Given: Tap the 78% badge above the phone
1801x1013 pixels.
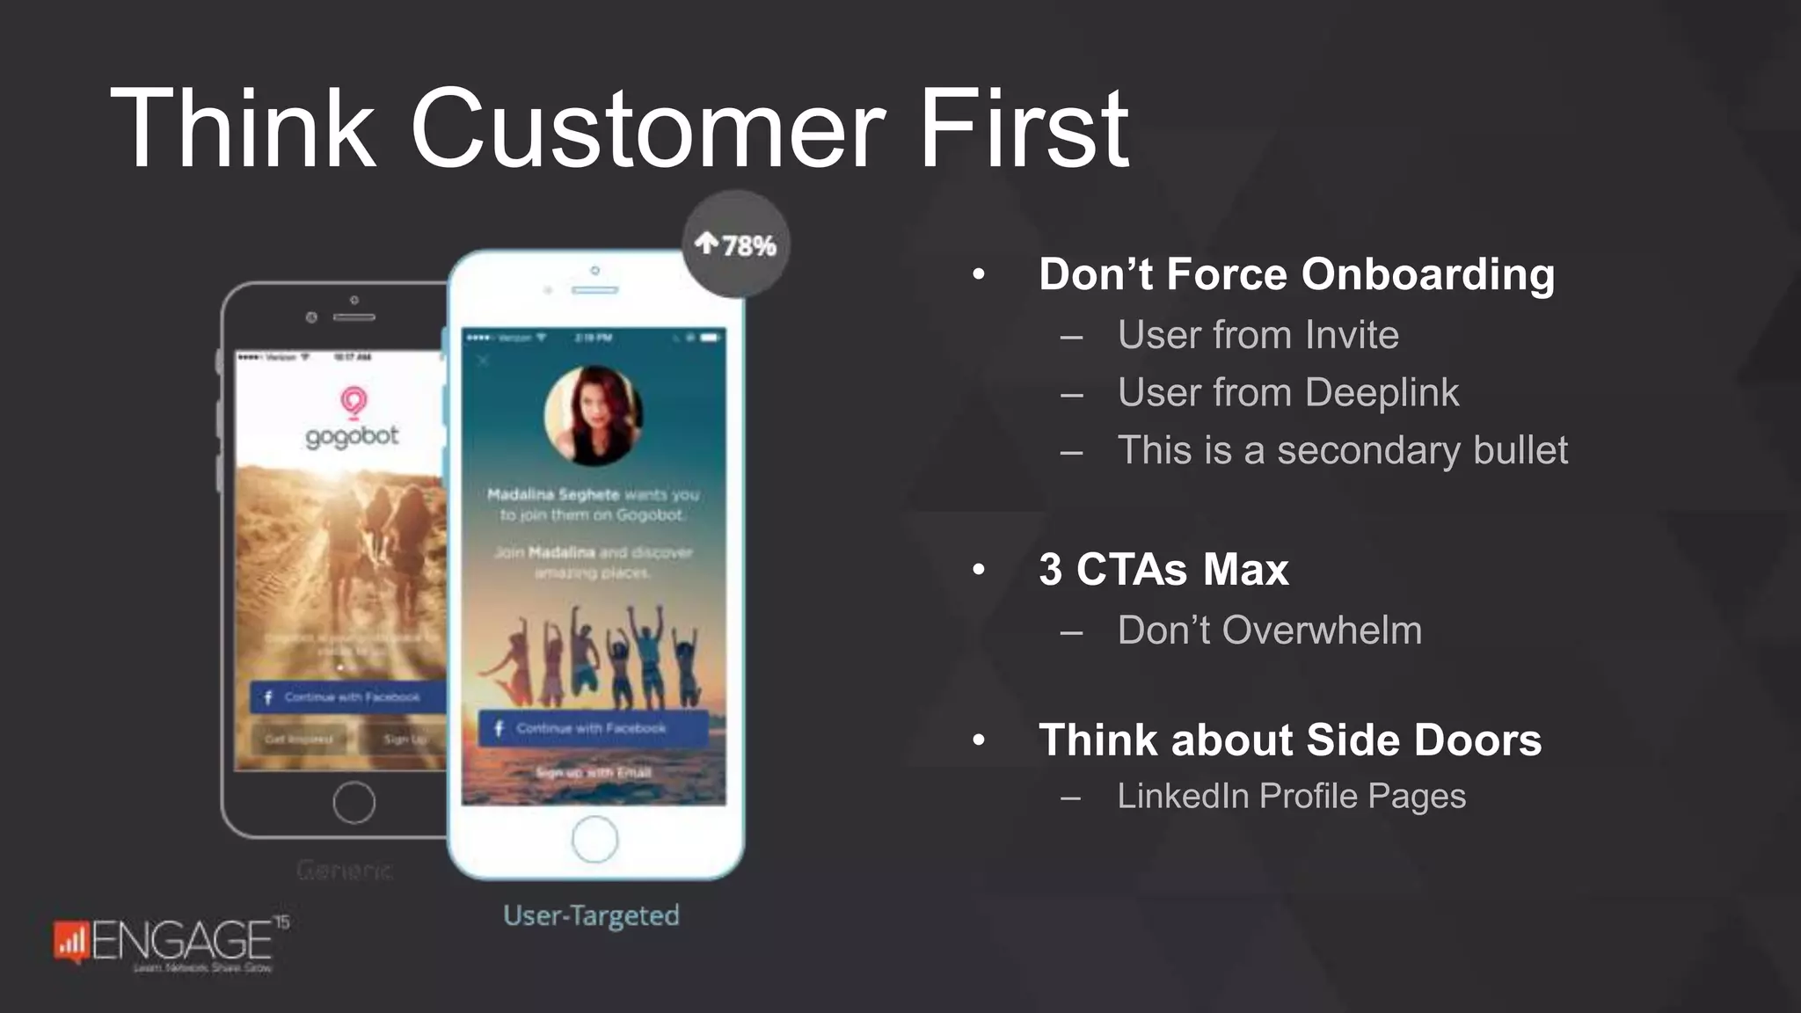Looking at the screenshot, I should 735,244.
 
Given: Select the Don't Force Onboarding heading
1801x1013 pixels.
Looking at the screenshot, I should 1295,273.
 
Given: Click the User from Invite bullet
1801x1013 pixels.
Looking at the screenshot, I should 1258,335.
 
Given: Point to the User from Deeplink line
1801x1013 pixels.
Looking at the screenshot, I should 1287,392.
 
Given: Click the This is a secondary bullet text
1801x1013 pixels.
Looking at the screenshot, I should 1342,450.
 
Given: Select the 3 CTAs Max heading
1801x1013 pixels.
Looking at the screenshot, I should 1163,569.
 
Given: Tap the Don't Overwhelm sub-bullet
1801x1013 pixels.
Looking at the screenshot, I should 1269,630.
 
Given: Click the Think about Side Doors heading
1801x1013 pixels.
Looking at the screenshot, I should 1289,740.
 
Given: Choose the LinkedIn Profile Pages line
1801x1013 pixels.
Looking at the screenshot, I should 1291,796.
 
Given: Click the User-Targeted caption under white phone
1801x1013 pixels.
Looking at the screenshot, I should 591,915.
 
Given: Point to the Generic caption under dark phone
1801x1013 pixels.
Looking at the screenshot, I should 344,870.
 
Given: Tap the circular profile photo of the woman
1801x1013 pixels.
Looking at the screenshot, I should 593,415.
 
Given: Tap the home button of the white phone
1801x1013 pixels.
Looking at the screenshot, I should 594,839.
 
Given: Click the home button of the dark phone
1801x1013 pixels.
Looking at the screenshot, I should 354,802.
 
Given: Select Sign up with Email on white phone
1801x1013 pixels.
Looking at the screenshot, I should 594,772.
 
